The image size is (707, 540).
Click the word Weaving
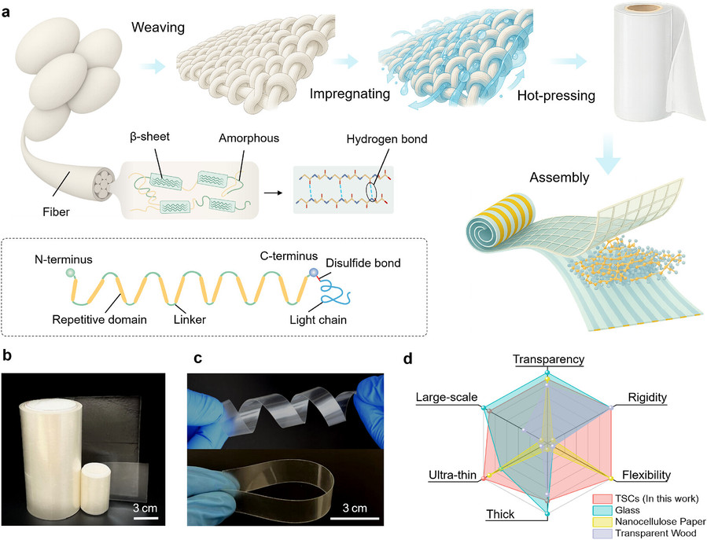point(158,28)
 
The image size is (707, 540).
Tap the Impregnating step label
point(349,94)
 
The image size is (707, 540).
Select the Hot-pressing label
point(556,96)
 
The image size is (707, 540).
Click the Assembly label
point(559,178)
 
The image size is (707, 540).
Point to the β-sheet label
point(149,136)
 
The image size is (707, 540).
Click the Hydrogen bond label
point(387,139)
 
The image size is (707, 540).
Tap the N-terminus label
point(64,259)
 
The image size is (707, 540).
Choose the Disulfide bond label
point(363,263)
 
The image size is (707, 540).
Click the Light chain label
point(318,320)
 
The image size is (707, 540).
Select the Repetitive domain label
point(100,320)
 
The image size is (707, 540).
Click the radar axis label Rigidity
point(647,398)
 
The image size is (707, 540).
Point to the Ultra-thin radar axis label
point(453,475)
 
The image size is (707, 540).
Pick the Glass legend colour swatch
point(602,510)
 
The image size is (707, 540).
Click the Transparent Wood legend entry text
point(656,533)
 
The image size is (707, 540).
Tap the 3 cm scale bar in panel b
point(146,518)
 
